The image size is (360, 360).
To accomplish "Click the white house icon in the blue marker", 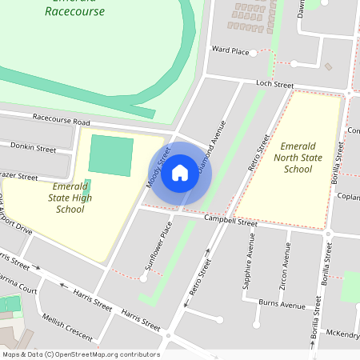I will [179, 173].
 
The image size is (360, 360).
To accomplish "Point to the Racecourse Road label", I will [62, 120].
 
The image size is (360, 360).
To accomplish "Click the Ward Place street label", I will [230, 50].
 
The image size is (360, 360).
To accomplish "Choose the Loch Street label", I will [274, 83].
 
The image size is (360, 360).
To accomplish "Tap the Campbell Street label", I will [230, 220].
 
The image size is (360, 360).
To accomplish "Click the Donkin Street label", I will [33, 149].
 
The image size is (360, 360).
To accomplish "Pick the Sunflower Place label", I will [158, 244].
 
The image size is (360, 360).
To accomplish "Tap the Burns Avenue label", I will [282, 305].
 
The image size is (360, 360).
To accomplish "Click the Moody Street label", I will [159, 169].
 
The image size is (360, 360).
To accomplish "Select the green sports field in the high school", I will [110, 156].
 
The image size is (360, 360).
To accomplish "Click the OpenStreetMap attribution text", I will [80, 354].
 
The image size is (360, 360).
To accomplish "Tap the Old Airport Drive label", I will [15, 217].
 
